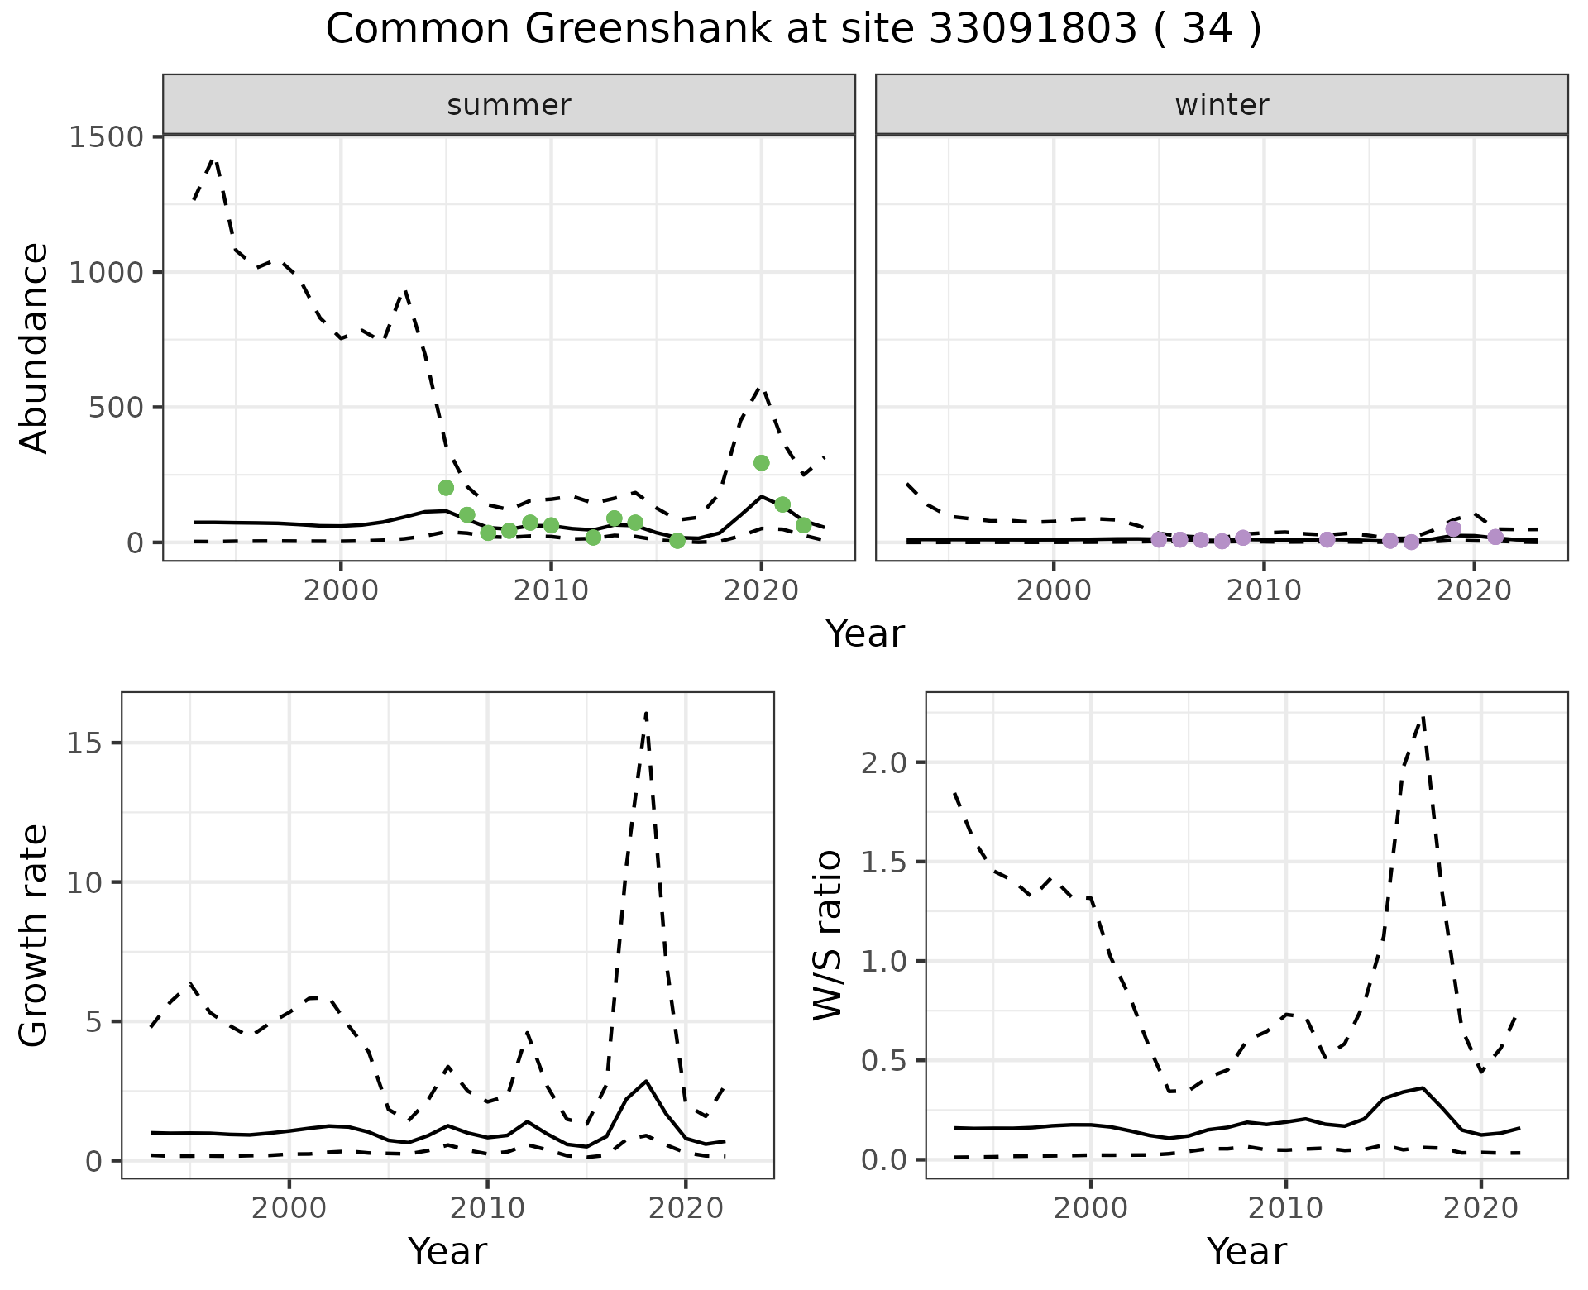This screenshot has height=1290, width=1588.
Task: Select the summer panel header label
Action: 509,105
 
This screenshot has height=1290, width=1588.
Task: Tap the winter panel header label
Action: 1222,105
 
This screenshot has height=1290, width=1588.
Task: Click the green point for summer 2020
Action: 762,463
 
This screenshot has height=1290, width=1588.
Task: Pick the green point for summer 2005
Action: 446,488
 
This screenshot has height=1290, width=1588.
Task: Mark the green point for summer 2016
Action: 677,541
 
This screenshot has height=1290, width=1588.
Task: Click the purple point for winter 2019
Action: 1453,529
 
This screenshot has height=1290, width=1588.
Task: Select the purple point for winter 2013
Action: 1327,540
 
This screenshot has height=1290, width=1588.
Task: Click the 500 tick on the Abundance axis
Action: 116,408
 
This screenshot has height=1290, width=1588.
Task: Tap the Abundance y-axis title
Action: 35,347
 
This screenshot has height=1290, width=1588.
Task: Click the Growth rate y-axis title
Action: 35,934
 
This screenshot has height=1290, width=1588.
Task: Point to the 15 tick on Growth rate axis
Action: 85,743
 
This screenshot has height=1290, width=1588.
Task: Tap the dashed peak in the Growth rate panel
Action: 646,713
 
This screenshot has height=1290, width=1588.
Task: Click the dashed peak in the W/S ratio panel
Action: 1423,718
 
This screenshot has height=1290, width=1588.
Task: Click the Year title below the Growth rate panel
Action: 447,1251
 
